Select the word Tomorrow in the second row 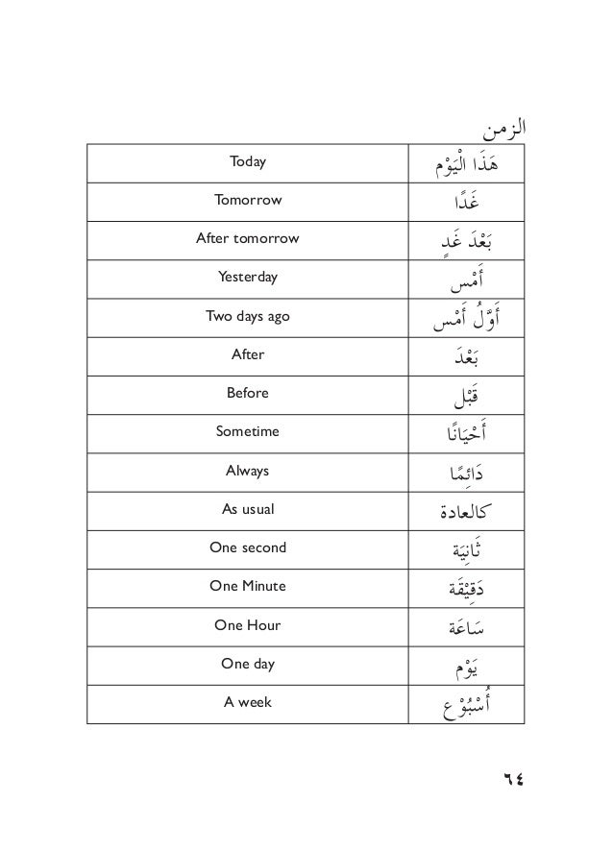[248, 200]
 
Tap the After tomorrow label [248, 238]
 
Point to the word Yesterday [248, 277]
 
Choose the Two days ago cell [248, 316]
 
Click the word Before [248, 393]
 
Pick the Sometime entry [248, 432]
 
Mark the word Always [248, 471]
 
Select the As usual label [248, 509]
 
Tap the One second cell [248, 547]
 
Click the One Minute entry [248, 586]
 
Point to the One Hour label [248, 625]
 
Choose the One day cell [248, 664]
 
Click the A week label [248, 702]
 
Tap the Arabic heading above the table [505, 126]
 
